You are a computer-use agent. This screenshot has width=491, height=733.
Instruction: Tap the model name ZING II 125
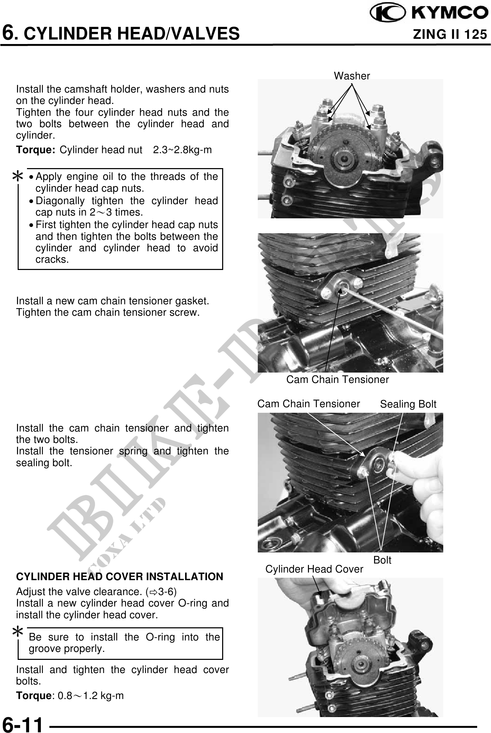click(450, 34)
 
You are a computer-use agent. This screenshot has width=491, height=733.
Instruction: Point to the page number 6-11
click(23, 724)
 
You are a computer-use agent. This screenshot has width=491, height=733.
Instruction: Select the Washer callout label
click(352, 76)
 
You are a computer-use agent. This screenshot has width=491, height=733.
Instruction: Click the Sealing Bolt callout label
click(408, 404)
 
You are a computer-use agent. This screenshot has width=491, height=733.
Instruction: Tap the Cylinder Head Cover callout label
click(314, 569)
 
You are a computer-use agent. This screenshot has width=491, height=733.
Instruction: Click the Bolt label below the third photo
click(382, 560)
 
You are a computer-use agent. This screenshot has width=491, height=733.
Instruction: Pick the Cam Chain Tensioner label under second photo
click(337, 379)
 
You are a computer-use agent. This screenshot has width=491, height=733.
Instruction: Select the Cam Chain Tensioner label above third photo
click(309, 404)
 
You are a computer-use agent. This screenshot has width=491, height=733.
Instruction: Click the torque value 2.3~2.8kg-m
click(182, 150)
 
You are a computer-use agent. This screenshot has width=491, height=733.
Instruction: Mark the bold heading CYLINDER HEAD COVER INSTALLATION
click(120, 577)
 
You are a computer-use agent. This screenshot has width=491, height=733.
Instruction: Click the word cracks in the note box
click(52, 259)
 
